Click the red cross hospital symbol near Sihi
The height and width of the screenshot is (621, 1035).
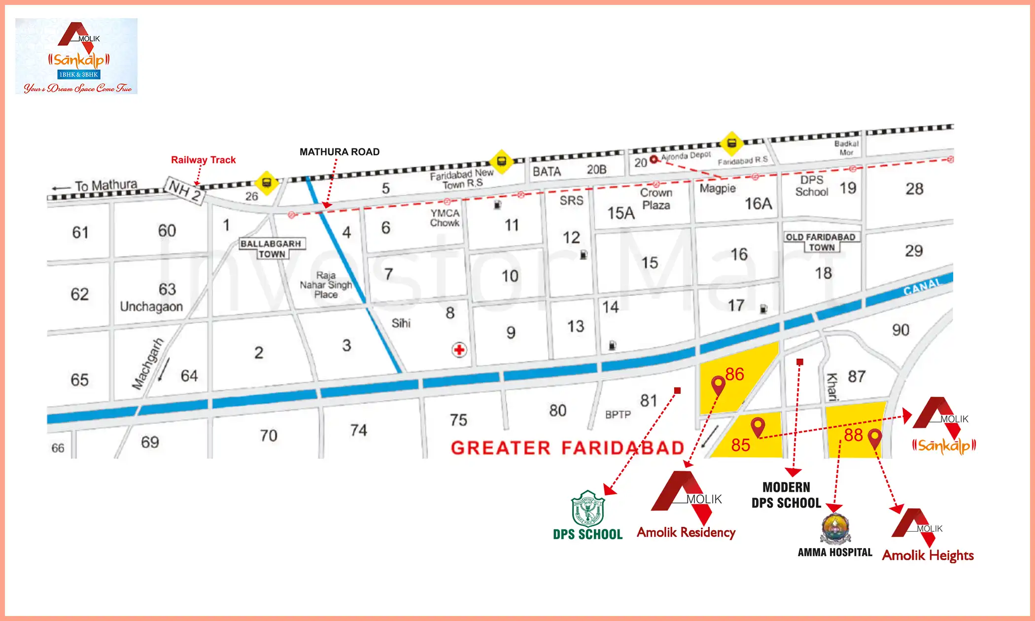[459, 350]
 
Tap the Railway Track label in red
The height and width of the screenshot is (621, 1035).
[203, 160]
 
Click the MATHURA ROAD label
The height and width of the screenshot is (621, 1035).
[340, 152]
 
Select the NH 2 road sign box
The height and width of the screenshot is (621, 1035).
[184, 190]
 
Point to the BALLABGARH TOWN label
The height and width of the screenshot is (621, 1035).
[271, 248]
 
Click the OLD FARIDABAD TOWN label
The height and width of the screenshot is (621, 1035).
[821, 242]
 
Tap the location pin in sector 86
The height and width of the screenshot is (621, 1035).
[718, 384]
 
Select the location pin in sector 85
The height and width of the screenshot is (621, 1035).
[758, 426]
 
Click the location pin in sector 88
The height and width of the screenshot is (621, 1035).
[875, 437]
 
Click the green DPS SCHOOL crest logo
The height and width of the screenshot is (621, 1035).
[587, 509]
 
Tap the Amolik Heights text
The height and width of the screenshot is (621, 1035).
[928, 555]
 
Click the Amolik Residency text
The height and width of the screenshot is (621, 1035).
[686, 532]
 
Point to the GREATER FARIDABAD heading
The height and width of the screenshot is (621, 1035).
[567, 448]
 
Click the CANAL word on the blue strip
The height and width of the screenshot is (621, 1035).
[922, 286]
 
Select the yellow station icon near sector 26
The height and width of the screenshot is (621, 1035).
[267, 183]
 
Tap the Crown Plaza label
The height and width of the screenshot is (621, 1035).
[656, 199]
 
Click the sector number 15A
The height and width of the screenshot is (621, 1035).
[621, 213]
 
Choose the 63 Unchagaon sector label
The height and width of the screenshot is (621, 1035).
[152, 298]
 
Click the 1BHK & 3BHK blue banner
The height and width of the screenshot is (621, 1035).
[79, 74]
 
